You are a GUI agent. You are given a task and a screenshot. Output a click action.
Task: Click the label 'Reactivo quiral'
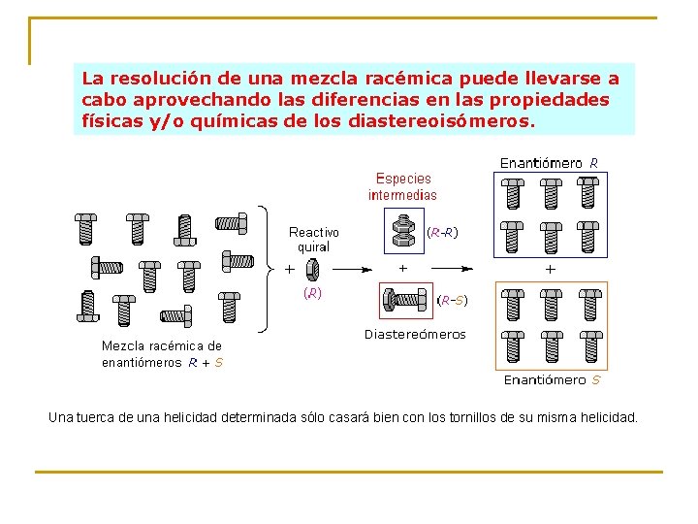pos(314,240)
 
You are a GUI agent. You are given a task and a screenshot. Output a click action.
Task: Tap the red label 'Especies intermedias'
pos(402,186)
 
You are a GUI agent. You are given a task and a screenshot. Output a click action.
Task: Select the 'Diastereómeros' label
pos(415,335)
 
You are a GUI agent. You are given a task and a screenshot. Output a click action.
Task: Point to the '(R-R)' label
pos(443,233)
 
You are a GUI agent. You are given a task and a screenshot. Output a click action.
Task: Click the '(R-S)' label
pos(453,301)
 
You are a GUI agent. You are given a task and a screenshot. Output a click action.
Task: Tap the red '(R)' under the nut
pos(313,292)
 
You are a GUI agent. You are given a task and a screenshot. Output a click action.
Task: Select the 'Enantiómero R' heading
pos(549,163)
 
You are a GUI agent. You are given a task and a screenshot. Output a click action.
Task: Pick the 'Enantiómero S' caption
pos(552,380)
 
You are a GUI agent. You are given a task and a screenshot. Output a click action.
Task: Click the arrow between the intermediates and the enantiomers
pos(455,268)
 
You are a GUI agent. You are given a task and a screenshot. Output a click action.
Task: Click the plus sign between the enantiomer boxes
pos(551,268)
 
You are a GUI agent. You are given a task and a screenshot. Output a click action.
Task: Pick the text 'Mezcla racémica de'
pos(162,345)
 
